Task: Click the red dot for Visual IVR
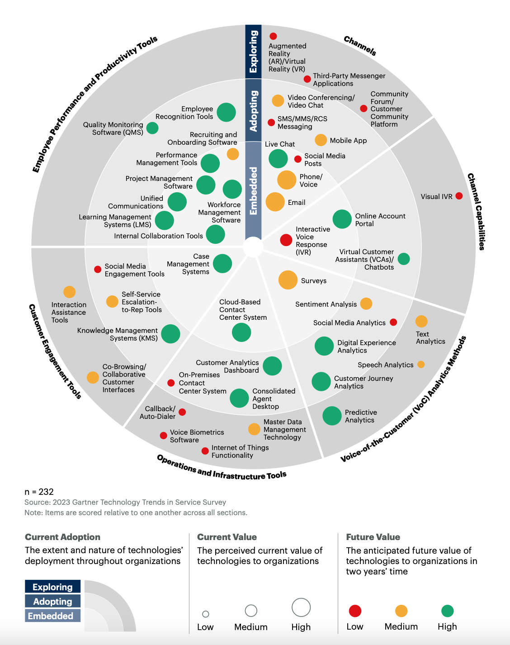click(459, 196)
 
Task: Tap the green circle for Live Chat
click(278, 158)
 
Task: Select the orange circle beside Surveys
click(288, 280)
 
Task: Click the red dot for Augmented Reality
click(273, 36)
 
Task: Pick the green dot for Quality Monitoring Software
click(152, 128)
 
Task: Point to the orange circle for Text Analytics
click(421, 321)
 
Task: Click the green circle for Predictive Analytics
click(332, 416)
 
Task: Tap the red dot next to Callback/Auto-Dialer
click(182, 412)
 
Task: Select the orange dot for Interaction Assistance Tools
click(69, 292)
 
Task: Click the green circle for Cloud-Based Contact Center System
click(241, 332)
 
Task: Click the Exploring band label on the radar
click(253, 52)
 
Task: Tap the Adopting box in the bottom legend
click(52, 602)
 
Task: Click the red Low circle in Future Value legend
click(355, 611)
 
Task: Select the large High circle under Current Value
click(301, 607)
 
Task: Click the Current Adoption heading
click(62, 537)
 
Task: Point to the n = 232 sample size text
click(39, 492)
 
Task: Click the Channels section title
click(360, 46)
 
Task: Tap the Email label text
click(297, 203)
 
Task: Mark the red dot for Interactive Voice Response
click(286, 240)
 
